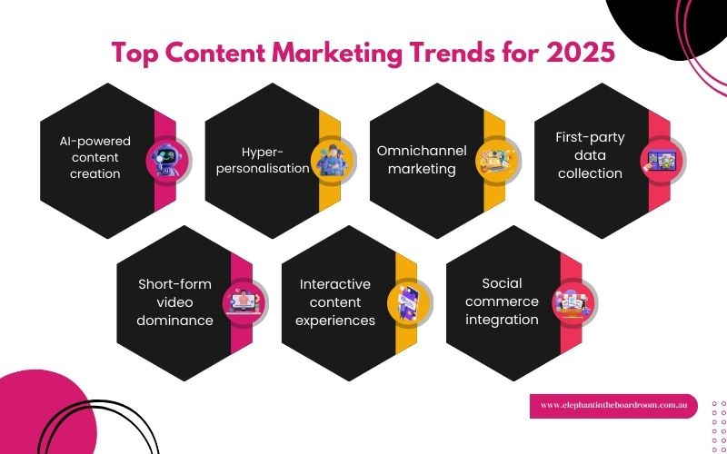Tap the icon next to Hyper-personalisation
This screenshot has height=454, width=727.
(x=332, y=158)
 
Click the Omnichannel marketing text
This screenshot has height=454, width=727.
(x=416, y=160)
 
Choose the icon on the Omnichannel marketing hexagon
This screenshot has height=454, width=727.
(x=497, y=158)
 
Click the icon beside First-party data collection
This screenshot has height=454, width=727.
(x=662, y=158)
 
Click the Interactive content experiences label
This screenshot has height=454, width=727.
(x=337, y=301)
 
